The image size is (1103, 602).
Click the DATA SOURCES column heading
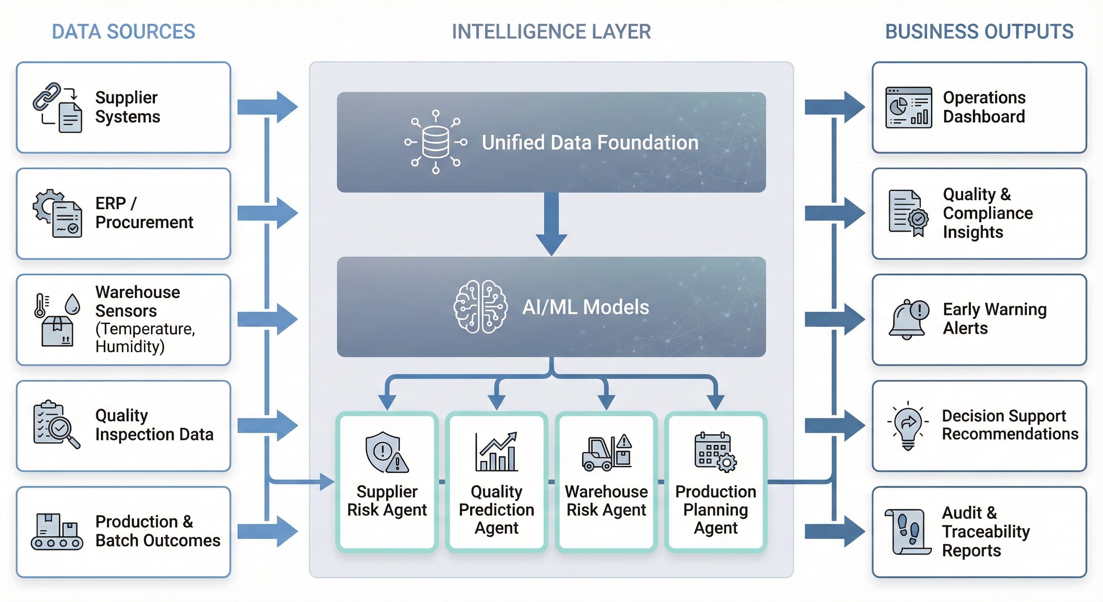click(x=123, y=32)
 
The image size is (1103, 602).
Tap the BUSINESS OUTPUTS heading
click(x=979, y=32)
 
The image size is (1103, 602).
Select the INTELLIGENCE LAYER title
click(x=551, y=32)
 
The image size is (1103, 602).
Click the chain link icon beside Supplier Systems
click(x=47, y=96)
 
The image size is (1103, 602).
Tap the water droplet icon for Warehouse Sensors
click(x=72, y=304)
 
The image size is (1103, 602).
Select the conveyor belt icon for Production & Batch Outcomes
click(x=57, y=531)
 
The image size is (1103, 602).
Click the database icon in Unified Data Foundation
click(x=436, y=142)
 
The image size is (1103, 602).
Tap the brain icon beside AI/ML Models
click(x=481, y=307)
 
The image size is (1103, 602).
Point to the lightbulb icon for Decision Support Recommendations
click(x=908, y=426)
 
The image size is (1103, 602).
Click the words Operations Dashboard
click(x=984, y=107)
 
